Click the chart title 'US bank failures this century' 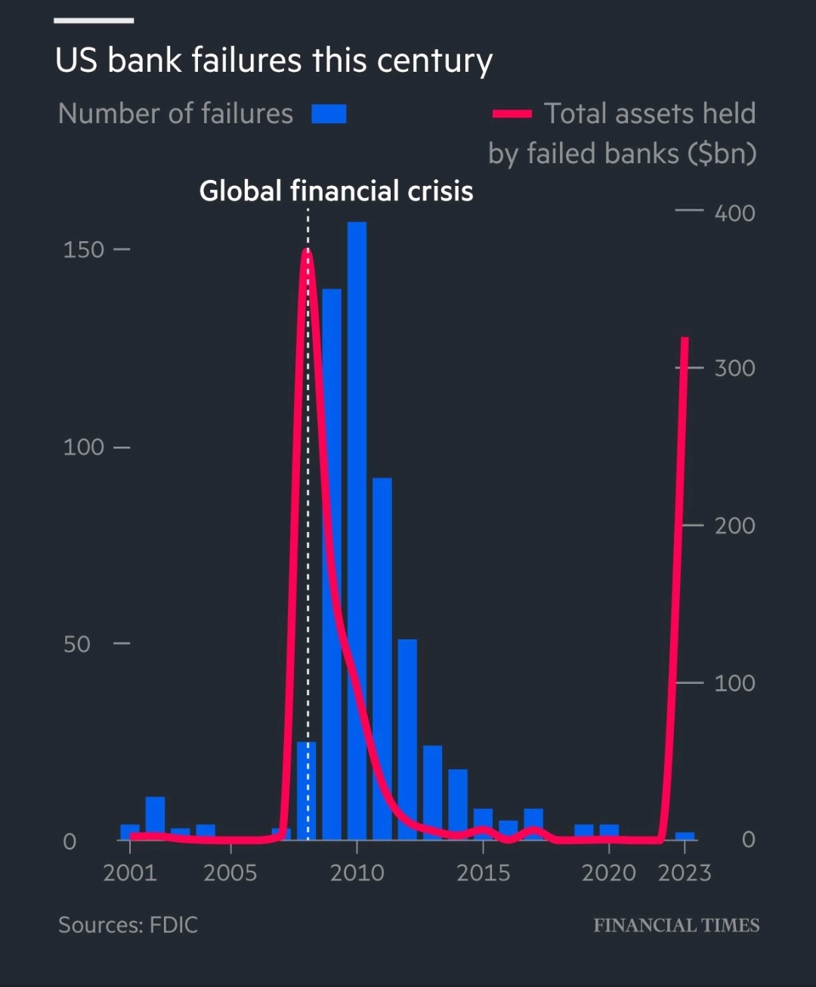274,60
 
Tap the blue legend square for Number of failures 329,114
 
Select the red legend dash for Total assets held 512,114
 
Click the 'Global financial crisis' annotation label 336,191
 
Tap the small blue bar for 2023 685,836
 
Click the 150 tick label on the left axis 83,249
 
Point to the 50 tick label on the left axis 76,644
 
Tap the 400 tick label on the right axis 734,213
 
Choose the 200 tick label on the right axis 734,525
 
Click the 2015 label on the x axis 483,873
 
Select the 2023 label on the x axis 685,873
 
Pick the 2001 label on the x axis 130,873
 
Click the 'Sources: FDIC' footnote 128,925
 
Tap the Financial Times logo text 676,926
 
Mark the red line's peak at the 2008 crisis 307,252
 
